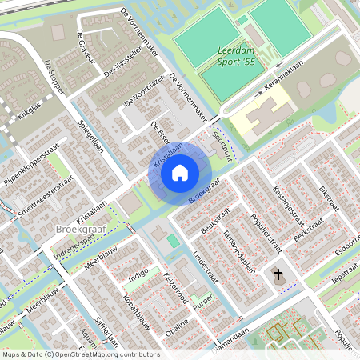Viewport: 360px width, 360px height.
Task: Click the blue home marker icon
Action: click(x=180, y=172)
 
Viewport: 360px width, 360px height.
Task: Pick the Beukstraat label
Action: click(x=210, y=218)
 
